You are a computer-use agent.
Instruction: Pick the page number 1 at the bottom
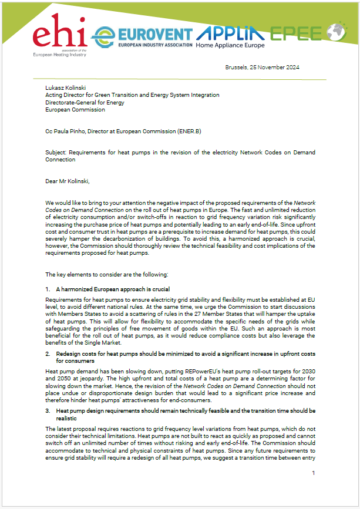click(x=314, y=473)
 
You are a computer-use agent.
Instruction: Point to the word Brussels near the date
click(x=237, y=68)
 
